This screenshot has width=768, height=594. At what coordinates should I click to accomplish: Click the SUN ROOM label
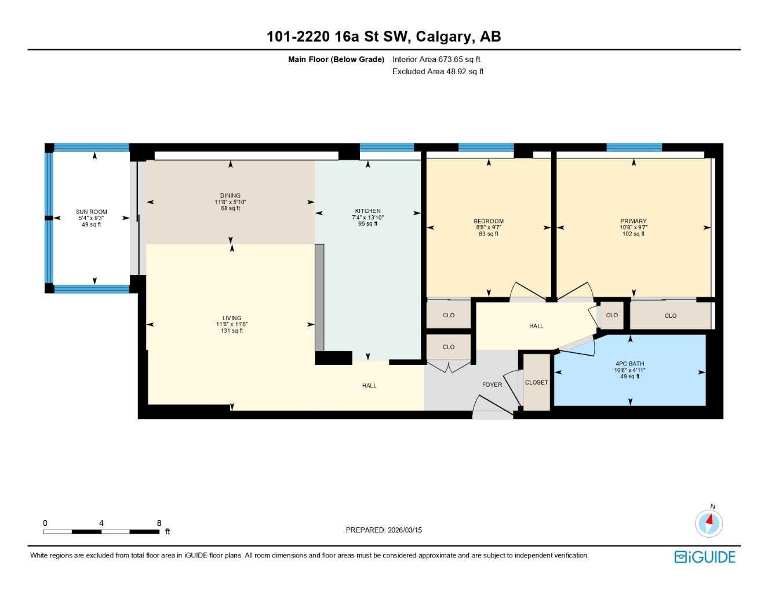91,212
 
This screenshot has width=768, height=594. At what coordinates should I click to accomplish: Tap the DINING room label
230,195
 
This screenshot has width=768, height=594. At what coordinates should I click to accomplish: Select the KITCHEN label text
367,211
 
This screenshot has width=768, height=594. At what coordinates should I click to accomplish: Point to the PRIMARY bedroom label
633,221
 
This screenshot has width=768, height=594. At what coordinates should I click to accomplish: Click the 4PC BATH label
629,364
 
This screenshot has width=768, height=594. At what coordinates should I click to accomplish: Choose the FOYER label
492,385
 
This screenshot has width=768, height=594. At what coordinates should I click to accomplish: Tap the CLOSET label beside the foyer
536,382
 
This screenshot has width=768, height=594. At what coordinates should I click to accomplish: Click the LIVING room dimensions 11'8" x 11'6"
232,324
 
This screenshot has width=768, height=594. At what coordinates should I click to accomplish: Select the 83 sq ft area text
489,234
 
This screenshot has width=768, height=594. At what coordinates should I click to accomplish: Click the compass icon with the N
709,523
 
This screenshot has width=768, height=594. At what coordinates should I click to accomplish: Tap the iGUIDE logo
705,557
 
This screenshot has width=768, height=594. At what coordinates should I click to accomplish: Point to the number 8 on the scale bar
159,523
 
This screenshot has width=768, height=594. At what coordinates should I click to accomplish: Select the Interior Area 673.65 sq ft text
436,59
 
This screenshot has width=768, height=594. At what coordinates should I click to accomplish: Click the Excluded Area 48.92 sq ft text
438,71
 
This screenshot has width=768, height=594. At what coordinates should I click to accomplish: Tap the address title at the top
384,37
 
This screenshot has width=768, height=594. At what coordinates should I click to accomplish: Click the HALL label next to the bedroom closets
536,326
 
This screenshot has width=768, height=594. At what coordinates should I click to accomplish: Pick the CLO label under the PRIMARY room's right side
671,316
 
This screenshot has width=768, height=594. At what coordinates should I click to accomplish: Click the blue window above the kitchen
387,147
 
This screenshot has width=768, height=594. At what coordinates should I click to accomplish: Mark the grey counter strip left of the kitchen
319,297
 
